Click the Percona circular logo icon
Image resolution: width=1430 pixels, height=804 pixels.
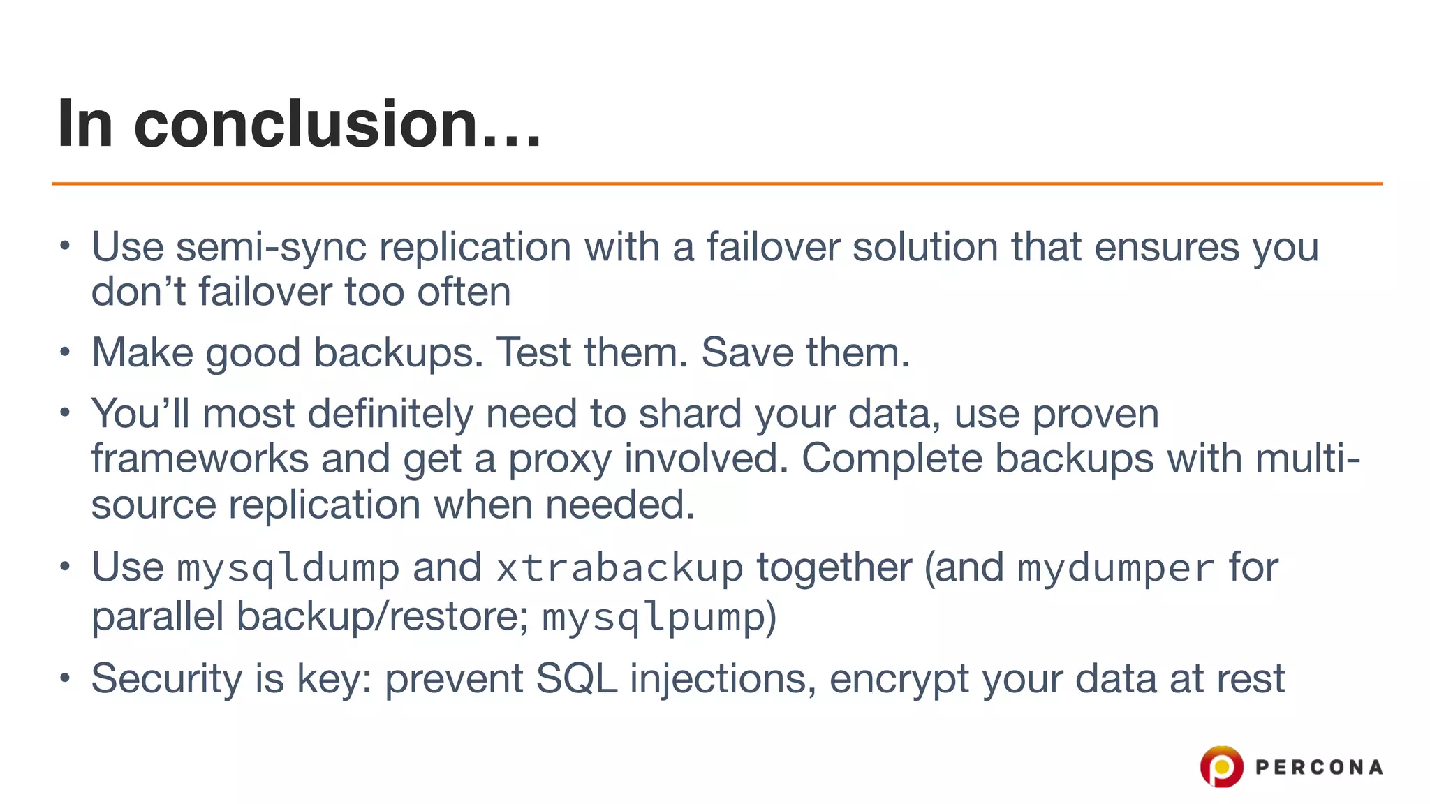(1221, 766)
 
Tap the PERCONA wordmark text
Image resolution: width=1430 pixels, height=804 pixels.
(1318, 768)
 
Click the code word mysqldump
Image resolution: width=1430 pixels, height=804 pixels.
(288, 568)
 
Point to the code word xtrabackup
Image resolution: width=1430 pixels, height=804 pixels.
(619, 568)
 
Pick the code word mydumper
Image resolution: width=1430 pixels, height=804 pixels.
(1116, 568)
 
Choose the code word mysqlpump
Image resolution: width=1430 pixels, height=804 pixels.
(654, 618)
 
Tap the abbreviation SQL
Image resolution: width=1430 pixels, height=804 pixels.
(576, 678)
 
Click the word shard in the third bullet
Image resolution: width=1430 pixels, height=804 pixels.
(690, 414)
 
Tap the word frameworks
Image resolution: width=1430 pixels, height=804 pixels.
(200, 459)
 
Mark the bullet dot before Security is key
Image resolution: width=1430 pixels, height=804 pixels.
(65, 678)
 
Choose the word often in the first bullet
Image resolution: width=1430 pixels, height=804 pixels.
(464, 292)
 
